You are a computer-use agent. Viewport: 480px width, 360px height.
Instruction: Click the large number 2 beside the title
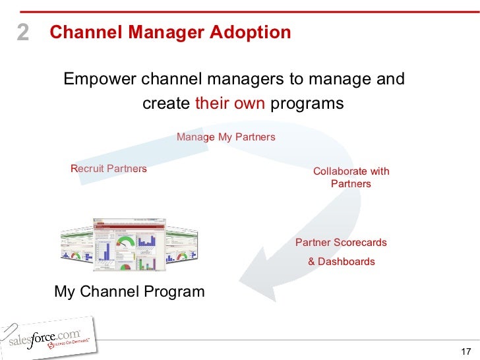click(23, 33)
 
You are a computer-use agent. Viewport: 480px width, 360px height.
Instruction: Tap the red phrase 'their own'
click(229, 104)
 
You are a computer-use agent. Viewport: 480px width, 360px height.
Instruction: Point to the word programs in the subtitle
click(307, 104)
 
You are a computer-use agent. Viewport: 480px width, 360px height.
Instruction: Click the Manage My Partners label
click(225, 136)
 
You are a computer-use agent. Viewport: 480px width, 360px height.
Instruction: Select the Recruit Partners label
click(108, 169)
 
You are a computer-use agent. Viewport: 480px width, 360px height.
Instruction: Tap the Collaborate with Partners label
click(351, 177)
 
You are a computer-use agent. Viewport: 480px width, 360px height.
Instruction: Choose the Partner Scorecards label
click(341, 243)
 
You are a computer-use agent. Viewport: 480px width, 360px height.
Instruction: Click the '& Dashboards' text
click(341, 261)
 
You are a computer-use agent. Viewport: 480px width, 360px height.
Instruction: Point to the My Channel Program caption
click(129, 291)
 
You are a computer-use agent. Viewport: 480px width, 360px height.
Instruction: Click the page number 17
click(466, 350)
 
